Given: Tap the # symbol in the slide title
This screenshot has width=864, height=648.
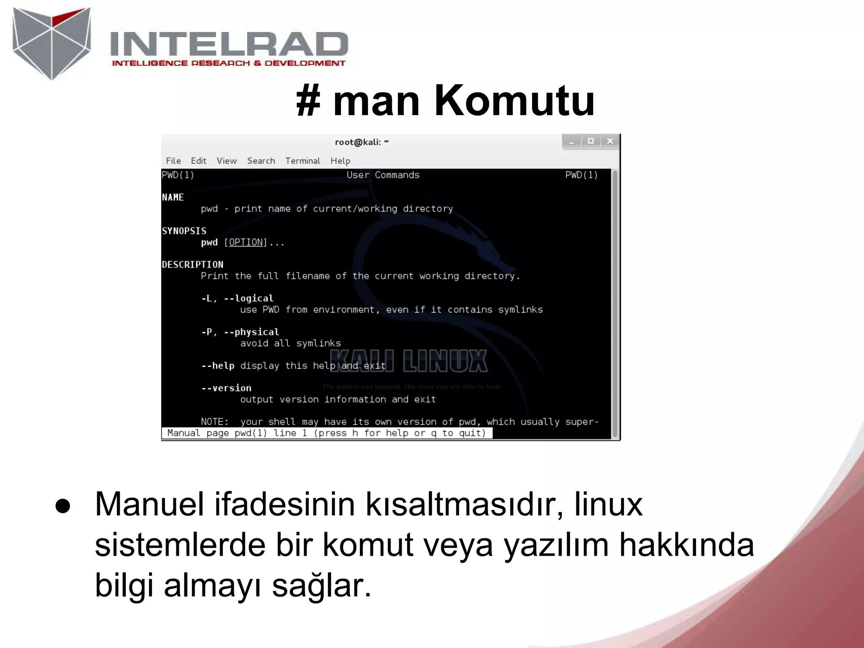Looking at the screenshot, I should [308, 101].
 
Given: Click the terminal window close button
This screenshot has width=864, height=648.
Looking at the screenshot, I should [610, 141].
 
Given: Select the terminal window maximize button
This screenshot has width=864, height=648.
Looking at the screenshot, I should [591, 141].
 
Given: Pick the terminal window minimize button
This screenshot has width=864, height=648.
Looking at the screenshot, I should [572, 142].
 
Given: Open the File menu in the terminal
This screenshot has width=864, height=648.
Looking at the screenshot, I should [173, 161].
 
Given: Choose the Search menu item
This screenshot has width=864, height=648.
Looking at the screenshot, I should [261, 161].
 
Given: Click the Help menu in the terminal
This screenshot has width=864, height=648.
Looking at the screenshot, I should [340, 161].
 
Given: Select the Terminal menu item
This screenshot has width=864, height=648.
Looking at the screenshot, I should [302, 161].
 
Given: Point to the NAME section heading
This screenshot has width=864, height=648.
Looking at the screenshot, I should [173, 197].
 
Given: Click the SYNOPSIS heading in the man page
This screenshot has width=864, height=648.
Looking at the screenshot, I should [184, 231].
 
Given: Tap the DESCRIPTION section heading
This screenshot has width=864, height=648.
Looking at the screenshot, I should [192, 265].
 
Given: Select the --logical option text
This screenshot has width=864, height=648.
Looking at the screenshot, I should [248, 299].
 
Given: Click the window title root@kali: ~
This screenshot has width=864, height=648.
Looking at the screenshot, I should [362, 142].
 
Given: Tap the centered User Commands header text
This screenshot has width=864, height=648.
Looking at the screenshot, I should [383, 175].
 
